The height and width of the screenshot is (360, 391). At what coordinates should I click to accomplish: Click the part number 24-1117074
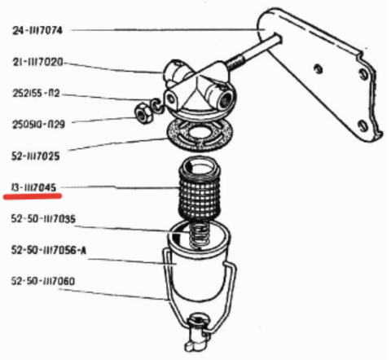coord(37,30)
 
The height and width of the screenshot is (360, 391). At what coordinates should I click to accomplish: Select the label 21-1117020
coord(37,62)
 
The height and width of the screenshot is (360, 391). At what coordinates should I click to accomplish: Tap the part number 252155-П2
coord(36,94)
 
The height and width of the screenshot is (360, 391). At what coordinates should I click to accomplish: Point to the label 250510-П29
coord(38,125)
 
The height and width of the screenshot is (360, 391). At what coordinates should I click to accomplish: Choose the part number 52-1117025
coord(36,156)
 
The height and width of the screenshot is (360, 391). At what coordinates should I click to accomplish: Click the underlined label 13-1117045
coord(33,187)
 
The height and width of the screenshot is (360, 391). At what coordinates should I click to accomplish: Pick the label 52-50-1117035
coord(43,218)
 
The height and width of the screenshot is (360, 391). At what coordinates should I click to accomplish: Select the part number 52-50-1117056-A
coord(49,250)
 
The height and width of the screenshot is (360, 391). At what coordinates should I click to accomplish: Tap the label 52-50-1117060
coord(43,281)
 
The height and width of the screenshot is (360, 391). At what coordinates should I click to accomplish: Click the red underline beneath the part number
coord(33,196)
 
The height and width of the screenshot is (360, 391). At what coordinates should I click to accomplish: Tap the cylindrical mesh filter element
coord(200,189)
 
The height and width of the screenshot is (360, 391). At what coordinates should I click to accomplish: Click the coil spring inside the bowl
coord(199,235)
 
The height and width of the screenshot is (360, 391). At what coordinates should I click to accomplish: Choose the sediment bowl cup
coord(199,261)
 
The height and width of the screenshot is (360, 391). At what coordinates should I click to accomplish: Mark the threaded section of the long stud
coord(236,64)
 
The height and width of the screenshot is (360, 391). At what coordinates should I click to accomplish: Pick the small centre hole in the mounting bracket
coord(319,68)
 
